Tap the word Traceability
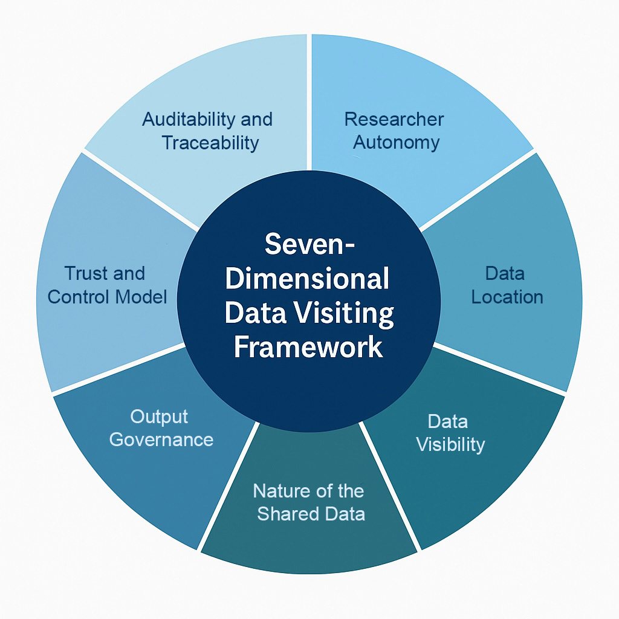tap(210, 143)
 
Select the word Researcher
tap(394, 119)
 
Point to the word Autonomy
tap(396, 143)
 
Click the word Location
tap(507, 297)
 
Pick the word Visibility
tap(450, 444)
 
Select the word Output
tap(159, 416)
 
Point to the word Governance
tap(161, 439)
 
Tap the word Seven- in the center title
tap(309, 245)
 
